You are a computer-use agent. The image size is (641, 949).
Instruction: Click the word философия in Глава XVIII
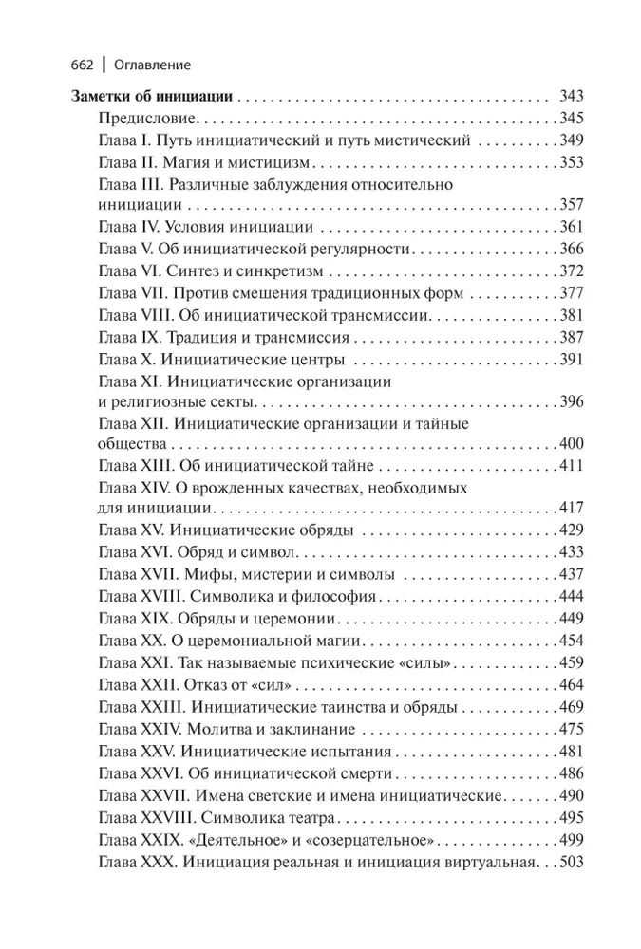330,598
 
